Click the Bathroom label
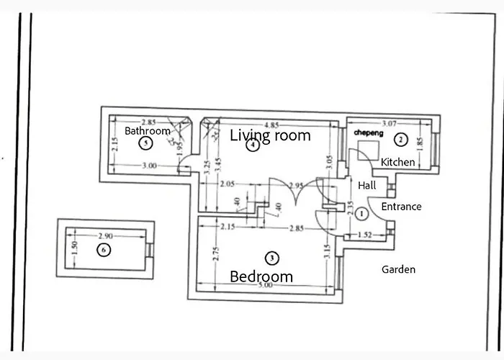point(148,131)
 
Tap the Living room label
point(270,135)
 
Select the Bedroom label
point(261,276)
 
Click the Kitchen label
point(397,162)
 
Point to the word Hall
point(367,186)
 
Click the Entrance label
point(401,207)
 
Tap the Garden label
point(398,269)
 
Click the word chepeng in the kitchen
point(369,134)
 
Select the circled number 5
point(147,144)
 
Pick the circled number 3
point(271,257)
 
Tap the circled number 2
point(402,139)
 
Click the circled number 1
point(362,213)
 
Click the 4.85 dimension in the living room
point(271,123)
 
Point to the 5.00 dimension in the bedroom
point(265,286)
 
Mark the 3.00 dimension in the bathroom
point(148,166)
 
